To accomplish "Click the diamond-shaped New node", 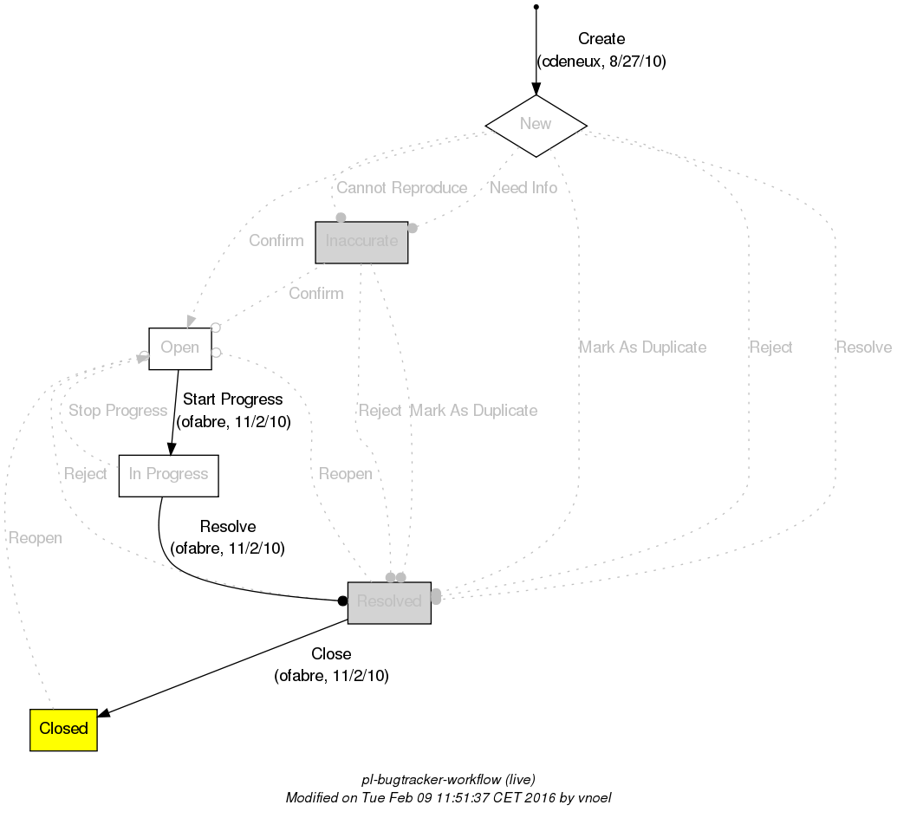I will click(x=536, y=125).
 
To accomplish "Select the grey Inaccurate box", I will click(x=361, y=242).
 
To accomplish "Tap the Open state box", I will click(x=180, y=348).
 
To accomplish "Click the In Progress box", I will click(x=168, y=475).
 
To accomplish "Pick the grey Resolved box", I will click(x=389, y=602).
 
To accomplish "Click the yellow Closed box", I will click(x=63, y=730).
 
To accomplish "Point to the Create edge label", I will click(x=601, y=39).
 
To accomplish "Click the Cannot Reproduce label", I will click(x=401, y=188).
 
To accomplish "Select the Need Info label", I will click(x=523, y=188).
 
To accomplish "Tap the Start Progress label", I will click(x=233, y=399).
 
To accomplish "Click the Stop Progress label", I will click(x=118, y=411).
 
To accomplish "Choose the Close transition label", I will click(x=331, y=654).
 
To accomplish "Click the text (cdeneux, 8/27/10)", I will click(x=601, y=62).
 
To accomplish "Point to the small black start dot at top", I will click(x=536, y=7).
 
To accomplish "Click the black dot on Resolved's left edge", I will click(x=342, y=601).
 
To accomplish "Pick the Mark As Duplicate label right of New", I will click(x=642, y=347).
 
